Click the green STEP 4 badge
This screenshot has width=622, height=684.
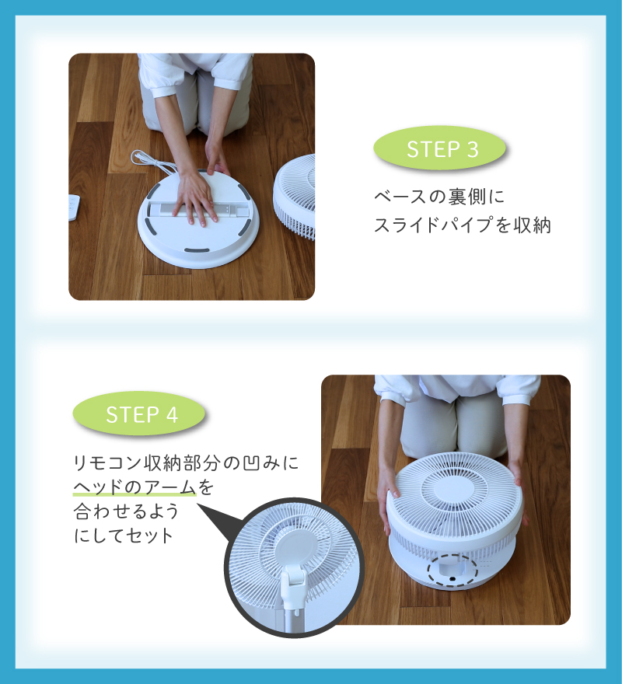point(139,414)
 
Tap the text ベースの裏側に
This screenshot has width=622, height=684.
point(439,197)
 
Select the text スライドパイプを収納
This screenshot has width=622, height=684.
point(463,225)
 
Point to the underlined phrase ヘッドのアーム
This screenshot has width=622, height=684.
point(135,487)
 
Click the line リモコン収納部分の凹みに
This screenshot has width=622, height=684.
point(186,462)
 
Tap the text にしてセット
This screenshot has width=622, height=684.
point(124,536)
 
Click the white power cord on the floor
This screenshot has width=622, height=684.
point(152,162)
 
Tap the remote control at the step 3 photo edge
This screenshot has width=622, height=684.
point(74,208)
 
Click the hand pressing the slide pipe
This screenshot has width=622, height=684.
point(197,198)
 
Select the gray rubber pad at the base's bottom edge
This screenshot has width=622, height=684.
point(197,250)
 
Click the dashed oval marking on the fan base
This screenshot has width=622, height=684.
point(453,571)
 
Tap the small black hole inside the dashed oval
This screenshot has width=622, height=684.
point(453,578)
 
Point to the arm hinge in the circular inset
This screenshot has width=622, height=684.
point(294,579)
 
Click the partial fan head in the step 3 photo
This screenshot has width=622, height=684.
point(294,197)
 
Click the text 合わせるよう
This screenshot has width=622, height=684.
point(126,511)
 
